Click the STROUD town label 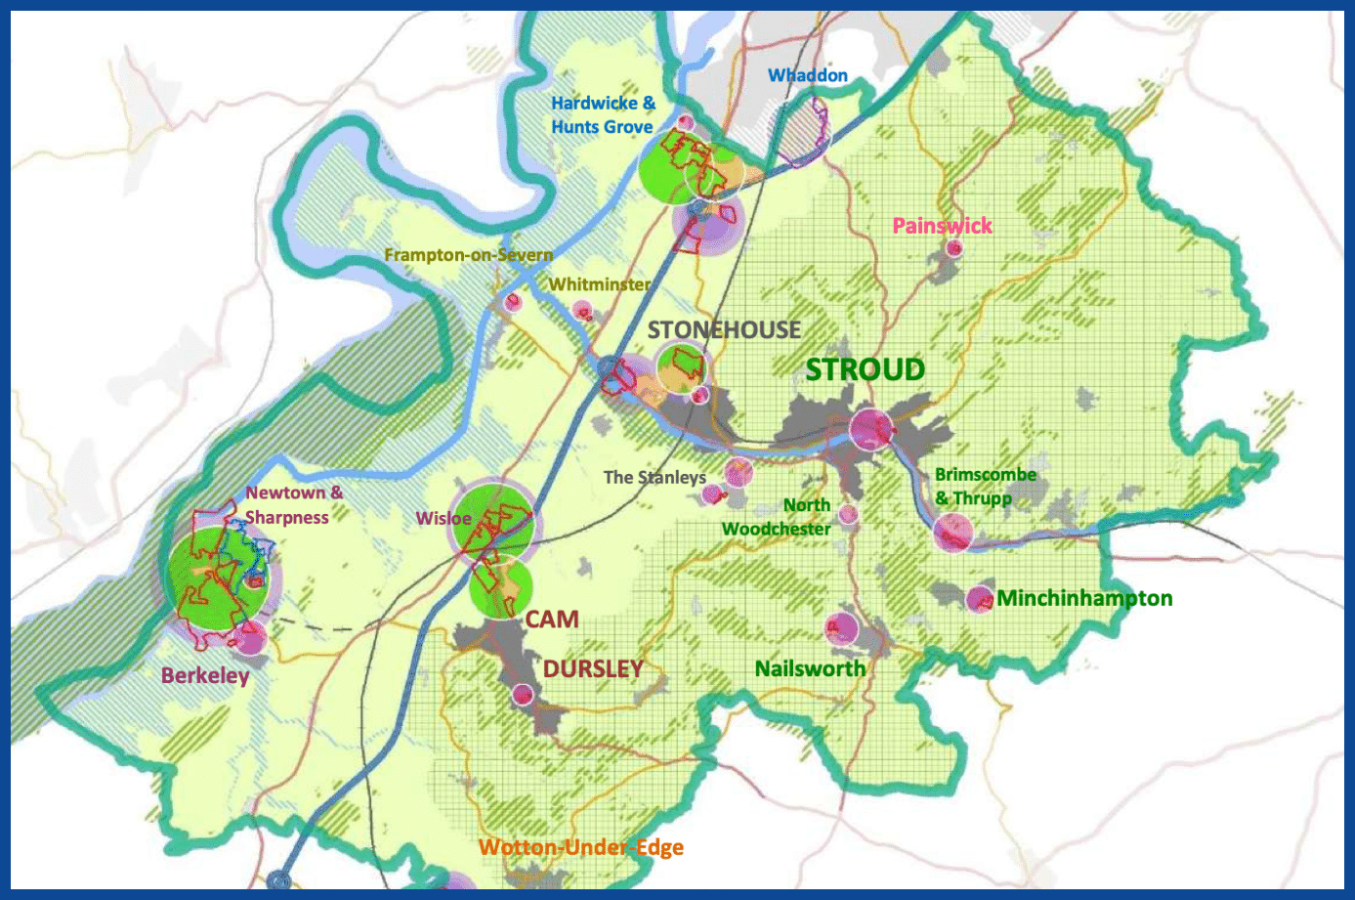[x=865, y=370]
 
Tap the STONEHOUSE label [x=724, y=330]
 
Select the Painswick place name [x=942, y=226]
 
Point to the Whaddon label [x=807, y=75]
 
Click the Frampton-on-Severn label [x=468, y=255]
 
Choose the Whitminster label [x=599, y=284]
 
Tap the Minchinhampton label [x=1084, y=598]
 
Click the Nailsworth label [x=810, y=668]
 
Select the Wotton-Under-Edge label [x=581, y=847]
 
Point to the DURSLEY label [x=593, y=669]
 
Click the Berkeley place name [x=205, y=675]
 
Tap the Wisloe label [x=444, y=518]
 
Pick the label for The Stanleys [x=655, y=477]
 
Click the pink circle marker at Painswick [x=953, y=248]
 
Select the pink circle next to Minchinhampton [x=979, y=599]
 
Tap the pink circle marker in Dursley [x=524, y=695]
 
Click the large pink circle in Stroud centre [x=869, y=428]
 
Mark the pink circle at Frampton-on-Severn [x=512, y=302]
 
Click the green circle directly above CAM [x=501, y=586]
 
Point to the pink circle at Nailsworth [x=841, y=627]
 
